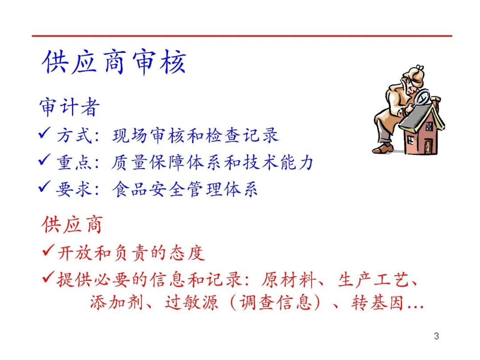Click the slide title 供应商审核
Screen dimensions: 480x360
[x=114, y=62]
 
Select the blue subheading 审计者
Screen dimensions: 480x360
[x=69, y=107]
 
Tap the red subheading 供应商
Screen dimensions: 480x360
[x=72, y=225]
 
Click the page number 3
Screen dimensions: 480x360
[x=436, y=336]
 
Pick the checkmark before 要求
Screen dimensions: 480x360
[x=44, y=186]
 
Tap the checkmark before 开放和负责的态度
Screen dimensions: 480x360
[x=49, y=250]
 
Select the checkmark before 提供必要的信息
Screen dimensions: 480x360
[x=49, y=277]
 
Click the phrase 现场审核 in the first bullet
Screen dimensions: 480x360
[x=149, y=135]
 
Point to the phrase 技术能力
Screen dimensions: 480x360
[x=278, y=162]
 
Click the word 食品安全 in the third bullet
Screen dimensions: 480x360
[x=149, y=189]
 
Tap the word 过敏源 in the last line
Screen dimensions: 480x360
[x=192, y=303]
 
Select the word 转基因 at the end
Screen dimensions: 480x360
[x=377, y=303]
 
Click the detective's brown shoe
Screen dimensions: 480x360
[x=383, y=148]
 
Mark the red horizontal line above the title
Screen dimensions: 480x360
[x=242, y=36]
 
